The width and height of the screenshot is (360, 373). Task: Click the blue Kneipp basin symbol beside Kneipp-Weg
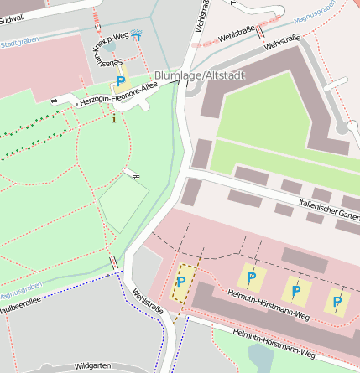pos(136,36)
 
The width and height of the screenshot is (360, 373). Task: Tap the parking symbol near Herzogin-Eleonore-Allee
pos(120,81)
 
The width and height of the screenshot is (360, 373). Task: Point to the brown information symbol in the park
pos(114,118)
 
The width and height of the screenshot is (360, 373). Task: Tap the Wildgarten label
pos(92,366)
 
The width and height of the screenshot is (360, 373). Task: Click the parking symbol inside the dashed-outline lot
pos(181,282)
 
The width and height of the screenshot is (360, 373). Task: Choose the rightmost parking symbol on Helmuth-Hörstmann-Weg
pos(337,301)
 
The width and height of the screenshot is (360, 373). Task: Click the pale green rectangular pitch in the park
pos(123,204)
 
